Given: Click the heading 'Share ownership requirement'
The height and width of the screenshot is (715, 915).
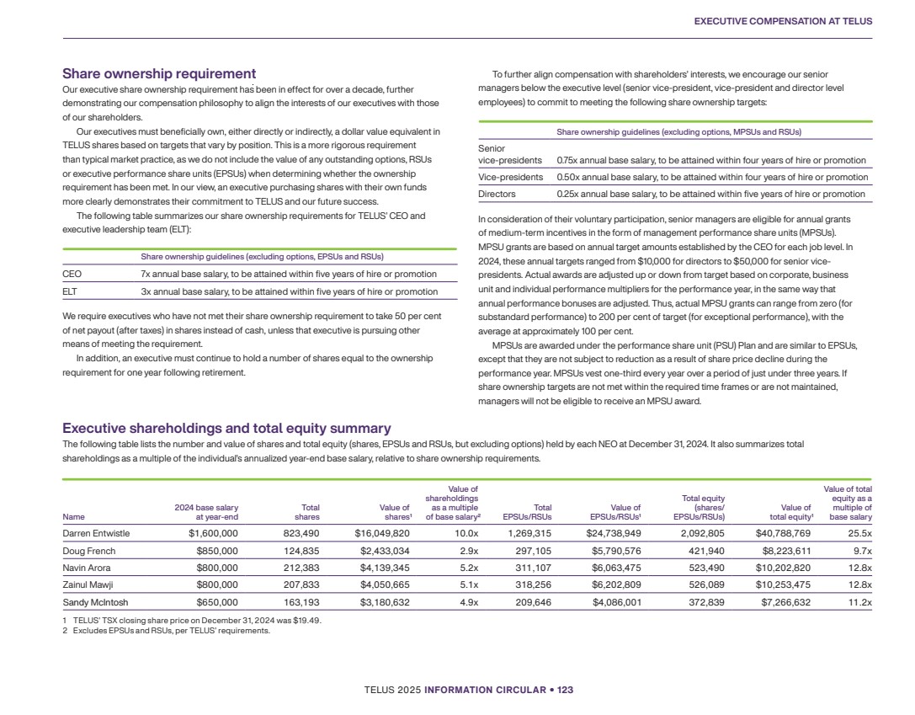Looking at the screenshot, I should [x=159, y=74].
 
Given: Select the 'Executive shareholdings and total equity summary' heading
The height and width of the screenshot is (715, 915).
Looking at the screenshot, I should [x=226, y=428].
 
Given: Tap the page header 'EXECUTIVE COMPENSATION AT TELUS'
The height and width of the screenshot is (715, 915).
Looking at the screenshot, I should [x=783, y=20].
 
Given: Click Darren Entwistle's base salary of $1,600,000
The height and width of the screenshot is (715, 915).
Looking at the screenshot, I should [x=213, y=532].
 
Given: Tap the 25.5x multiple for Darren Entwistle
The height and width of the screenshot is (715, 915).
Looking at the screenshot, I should [x=858, y=532].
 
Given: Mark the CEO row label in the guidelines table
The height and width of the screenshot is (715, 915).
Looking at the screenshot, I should [x=72, y=274].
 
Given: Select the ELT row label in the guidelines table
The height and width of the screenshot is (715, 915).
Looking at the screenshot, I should [x=72, y=291].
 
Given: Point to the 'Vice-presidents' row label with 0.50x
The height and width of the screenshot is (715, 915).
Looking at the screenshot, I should [x=511, y=177].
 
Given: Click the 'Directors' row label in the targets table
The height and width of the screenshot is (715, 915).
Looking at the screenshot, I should [x=497, y=194].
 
